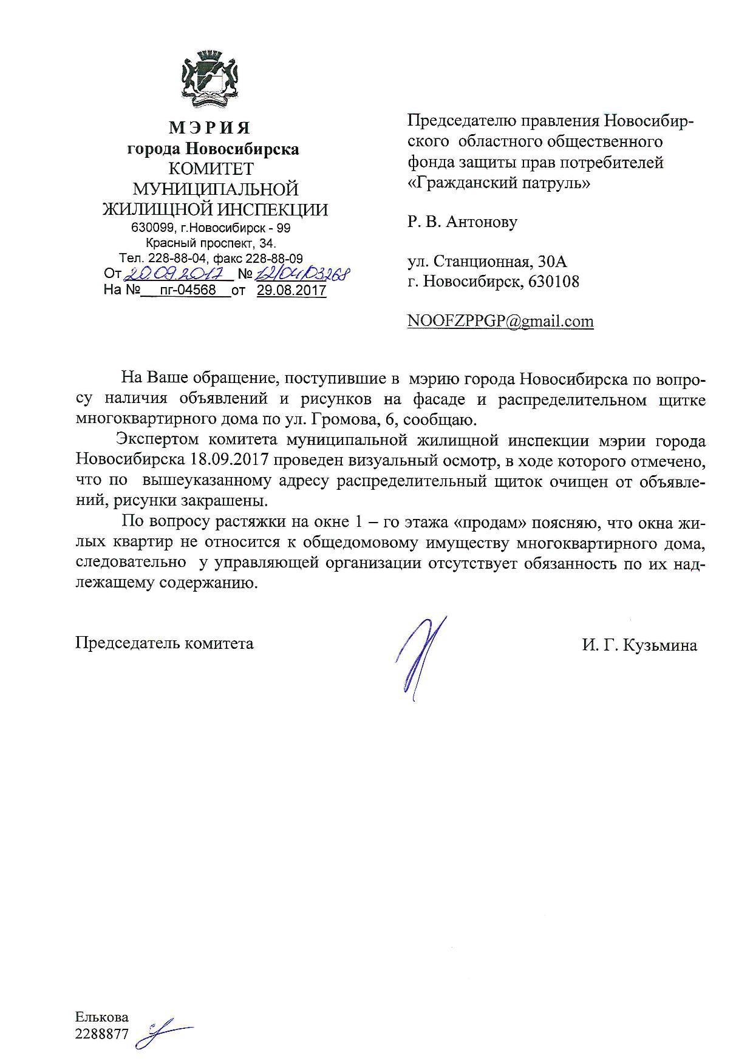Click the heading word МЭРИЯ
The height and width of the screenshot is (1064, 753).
tap(210, 127)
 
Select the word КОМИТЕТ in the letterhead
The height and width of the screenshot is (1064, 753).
tap(211, 169)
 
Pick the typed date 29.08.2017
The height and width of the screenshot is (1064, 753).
tap(291, 290)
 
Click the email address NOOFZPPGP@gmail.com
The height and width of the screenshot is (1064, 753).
tap(500, 321)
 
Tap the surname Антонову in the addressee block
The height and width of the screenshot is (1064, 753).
tap(482, 222)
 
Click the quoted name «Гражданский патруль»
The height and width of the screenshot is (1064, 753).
tap(498, 182)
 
